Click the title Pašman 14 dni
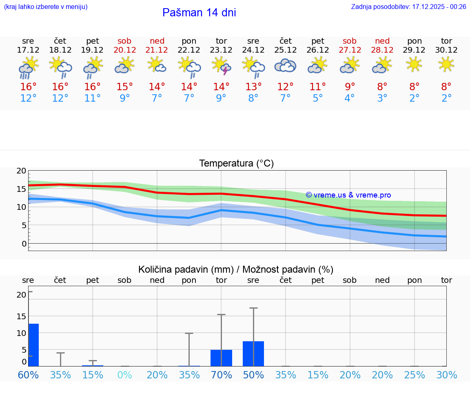point(199,13)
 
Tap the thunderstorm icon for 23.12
point(221,66)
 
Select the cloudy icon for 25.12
point(285,66)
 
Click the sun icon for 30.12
point(446,64)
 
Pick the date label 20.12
point(124,50)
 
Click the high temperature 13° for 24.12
point(253,87)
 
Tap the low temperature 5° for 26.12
point(317,98)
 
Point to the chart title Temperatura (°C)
point(236,164)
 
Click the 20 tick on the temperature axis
point(21,171)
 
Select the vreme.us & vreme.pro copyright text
point(348,195)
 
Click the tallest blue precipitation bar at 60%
point(33,345)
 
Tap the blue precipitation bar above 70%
point(221,358)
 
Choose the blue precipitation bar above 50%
point(253,354)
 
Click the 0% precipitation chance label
point(124,375)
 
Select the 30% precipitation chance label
point(446,375)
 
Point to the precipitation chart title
point(235,269)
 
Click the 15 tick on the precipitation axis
point(21,316)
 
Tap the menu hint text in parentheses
point(46,7)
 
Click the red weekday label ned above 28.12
point(382,41)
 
